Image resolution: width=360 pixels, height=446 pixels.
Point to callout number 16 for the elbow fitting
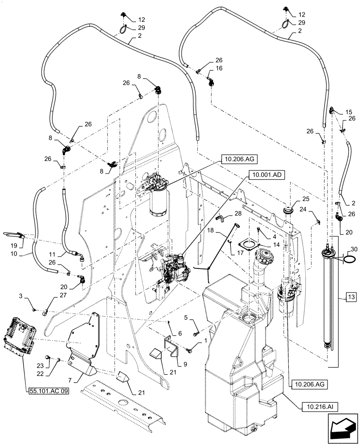[218, 68]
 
